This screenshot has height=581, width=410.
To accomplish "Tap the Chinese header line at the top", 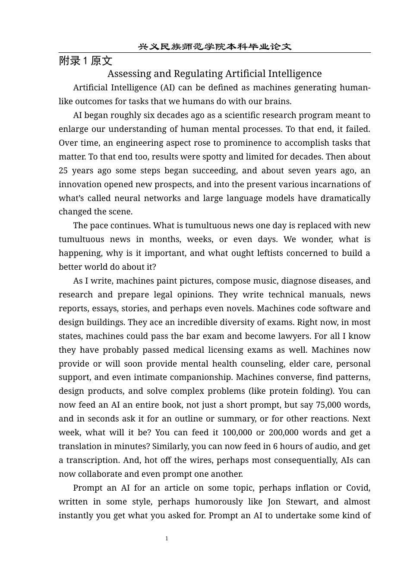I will point(214,47).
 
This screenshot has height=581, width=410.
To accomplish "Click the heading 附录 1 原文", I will point(85,61).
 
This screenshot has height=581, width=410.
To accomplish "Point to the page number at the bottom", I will point(167,539).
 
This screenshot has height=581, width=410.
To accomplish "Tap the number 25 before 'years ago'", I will point(63,171).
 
